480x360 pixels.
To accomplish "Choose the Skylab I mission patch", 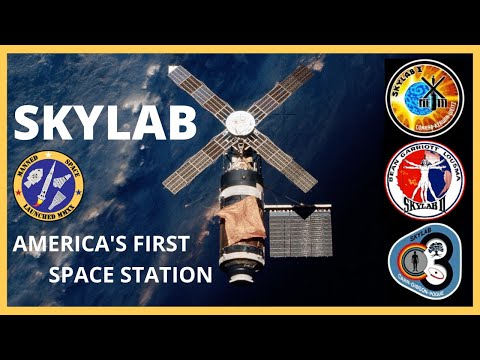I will coord(424,98).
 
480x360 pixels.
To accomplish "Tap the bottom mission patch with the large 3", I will coord(424,262).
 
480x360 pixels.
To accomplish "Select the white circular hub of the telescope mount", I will coord(240,122).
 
